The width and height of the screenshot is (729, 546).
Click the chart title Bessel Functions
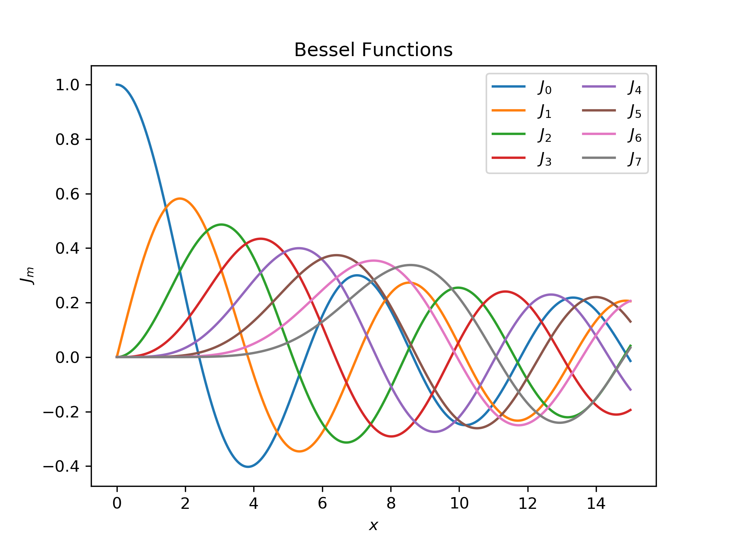tap(373, 50)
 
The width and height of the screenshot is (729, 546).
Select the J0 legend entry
tap(521, 87)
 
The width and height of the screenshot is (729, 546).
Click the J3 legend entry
tap(521, 158)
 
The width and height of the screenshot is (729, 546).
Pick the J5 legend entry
tap(611, 111)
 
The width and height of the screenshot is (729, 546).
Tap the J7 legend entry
tap(611, 158)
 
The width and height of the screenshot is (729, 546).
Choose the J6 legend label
tap(634, 135)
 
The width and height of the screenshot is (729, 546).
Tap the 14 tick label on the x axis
tap(596, 503)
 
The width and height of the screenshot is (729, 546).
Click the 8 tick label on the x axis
tap(391, 503)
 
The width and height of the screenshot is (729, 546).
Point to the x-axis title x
tap(374, 526)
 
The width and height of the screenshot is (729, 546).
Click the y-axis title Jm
tap(27, 275)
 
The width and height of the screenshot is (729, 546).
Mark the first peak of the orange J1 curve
tap(180, 198)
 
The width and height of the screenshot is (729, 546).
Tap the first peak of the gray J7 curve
tap(410, 265)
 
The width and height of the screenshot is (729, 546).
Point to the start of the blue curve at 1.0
tap(117, 85)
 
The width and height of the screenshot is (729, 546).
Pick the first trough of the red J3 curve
tap(391, 436)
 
